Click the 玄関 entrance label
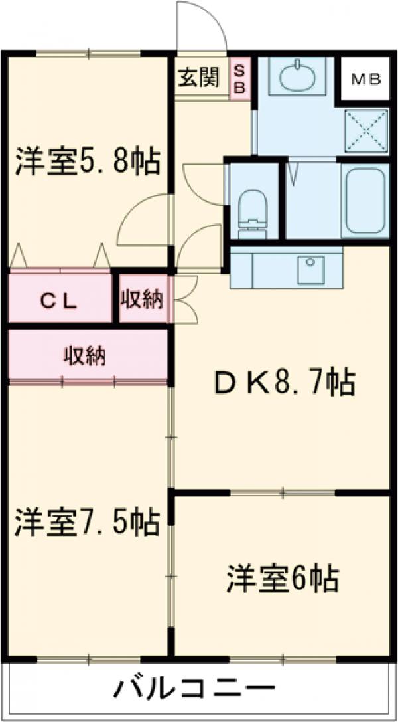[198, 78]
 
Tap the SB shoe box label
[239, 78]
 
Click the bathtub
[365, 200]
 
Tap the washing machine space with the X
[365, 130]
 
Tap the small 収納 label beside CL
[142, 300]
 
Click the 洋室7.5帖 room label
[87, 522]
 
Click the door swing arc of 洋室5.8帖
[139, 219]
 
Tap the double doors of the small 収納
[184, 300]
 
